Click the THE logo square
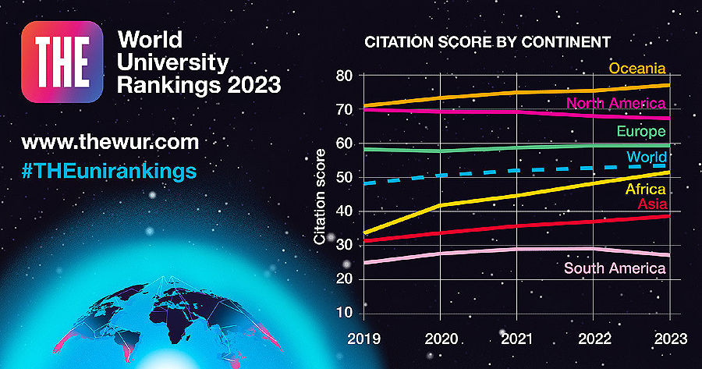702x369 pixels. (63, 61)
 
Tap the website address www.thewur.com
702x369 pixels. (110, 143)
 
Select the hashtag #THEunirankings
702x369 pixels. (110, 170)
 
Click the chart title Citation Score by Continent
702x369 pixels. (487, 41)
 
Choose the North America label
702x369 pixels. (616, 103)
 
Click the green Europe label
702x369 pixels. (640, 130)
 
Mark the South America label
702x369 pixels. (615, 268)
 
